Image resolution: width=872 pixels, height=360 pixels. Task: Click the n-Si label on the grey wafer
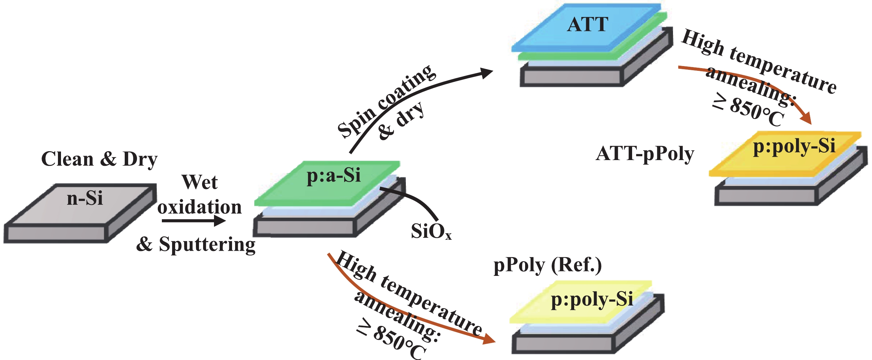(85, 198)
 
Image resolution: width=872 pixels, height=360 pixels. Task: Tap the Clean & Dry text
(99, 159)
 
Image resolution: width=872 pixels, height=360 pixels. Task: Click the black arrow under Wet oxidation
(193, 221)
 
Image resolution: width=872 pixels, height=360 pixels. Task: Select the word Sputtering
(207, 245)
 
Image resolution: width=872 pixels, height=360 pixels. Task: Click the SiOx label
(431, 232)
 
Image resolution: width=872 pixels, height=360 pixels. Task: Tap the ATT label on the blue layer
(587, 25)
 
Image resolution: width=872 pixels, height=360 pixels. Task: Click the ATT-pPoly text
(645, 154)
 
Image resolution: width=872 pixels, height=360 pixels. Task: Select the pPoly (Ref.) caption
(547, 265)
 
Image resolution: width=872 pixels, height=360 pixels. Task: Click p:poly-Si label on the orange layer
(794, 146)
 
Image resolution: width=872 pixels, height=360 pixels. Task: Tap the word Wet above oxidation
(200, 182)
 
